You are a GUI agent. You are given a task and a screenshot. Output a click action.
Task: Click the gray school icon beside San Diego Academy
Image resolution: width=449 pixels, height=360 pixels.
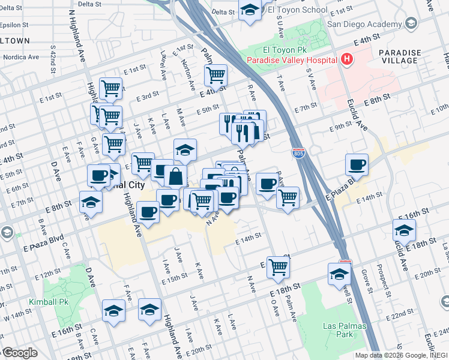(x=411, y=23)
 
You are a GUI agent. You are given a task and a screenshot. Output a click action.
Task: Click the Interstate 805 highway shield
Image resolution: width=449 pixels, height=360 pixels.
(x=298, y=153)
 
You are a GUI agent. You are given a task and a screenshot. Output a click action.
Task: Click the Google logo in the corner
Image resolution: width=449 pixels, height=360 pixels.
(x=20, y=353)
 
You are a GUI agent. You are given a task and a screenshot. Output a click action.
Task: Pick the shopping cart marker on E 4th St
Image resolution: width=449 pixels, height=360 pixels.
(x=215, y=76)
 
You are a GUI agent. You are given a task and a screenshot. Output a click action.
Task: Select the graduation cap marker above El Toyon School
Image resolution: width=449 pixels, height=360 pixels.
(x=250, y=10)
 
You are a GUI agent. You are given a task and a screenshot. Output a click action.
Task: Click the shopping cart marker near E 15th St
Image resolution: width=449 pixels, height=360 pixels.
(x=278, y=267)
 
